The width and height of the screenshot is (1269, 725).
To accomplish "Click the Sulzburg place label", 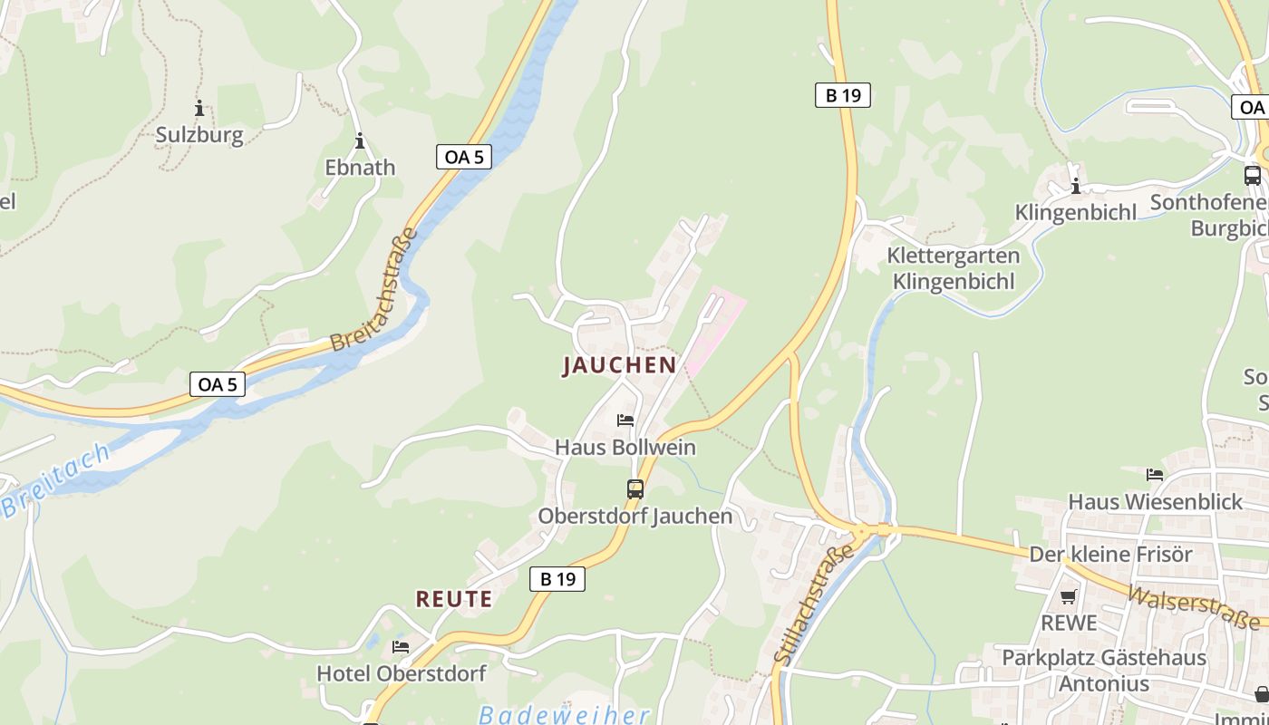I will (x=199, y=135).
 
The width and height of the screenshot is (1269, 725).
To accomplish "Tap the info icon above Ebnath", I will (x=360, y=141).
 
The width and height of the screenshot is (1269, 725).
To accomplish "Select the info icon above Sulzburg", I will (x=199, y=109).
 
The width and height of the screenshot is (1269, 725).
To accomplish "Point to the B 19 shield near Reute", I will (x=557, y=579).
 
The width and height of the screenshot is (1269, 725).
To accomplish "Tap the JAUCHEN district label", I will (x=619, y=365).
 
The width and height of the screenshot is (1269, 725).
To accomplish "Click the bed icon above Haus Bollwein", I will (x=625, y=420).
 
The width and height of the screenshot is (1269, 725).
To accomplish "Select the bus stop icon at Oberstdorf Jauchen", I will (x=635, y=489).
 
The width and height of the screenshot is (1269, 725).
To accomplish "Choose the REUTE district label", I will (x=454, y=599).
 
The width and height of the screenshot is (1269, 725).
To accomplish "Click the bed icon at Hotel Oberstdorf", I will (x=401, y=647).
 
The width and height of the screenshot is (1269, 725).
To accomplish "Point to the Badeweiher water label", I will (x=565, y=714).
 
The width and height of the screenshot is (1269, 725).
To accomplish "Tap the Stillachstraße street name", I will (x=815, y=604).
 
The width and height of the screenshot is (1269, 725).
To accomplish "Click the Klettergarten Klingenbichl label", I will (x=953, y=268).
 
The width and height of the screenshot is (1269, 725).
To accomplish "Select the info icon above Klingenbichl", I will (x=1076, y=187).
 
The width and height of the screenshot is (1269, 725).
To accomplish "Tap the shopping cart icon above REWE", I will (x=1069, y=596).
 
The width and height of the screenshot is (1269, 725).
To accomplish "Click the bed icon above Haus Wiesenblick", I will (x=1155, y=475).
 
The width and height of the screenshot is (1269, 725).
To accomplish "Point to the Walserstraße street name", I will (x=1196, y=605).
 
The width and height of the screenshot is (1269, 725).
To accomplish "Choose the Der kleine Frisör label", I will (x=1110, y=554).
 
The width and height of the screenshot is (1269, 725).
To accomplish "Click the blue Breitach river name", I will (x=56, y=480).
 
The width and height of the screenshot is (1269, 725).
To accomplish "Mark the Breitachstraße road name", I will (x=374, y=290).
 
